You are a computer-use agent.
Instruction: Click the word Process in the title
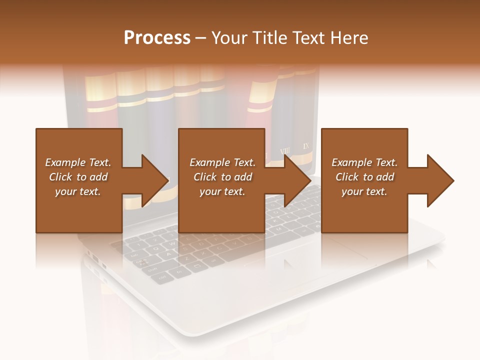(157, 38)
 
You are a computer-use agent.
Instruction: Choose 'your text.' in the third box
(364, 191)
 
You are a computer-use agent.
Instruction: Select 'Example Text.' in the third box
(364, 162)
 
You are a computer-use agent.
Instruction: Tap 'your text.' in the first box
(78, 191)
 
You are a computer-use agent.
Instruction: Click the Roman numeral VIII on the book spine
(285, 150)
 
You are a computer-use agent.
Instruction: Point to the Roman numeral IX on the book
(307, 146)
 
